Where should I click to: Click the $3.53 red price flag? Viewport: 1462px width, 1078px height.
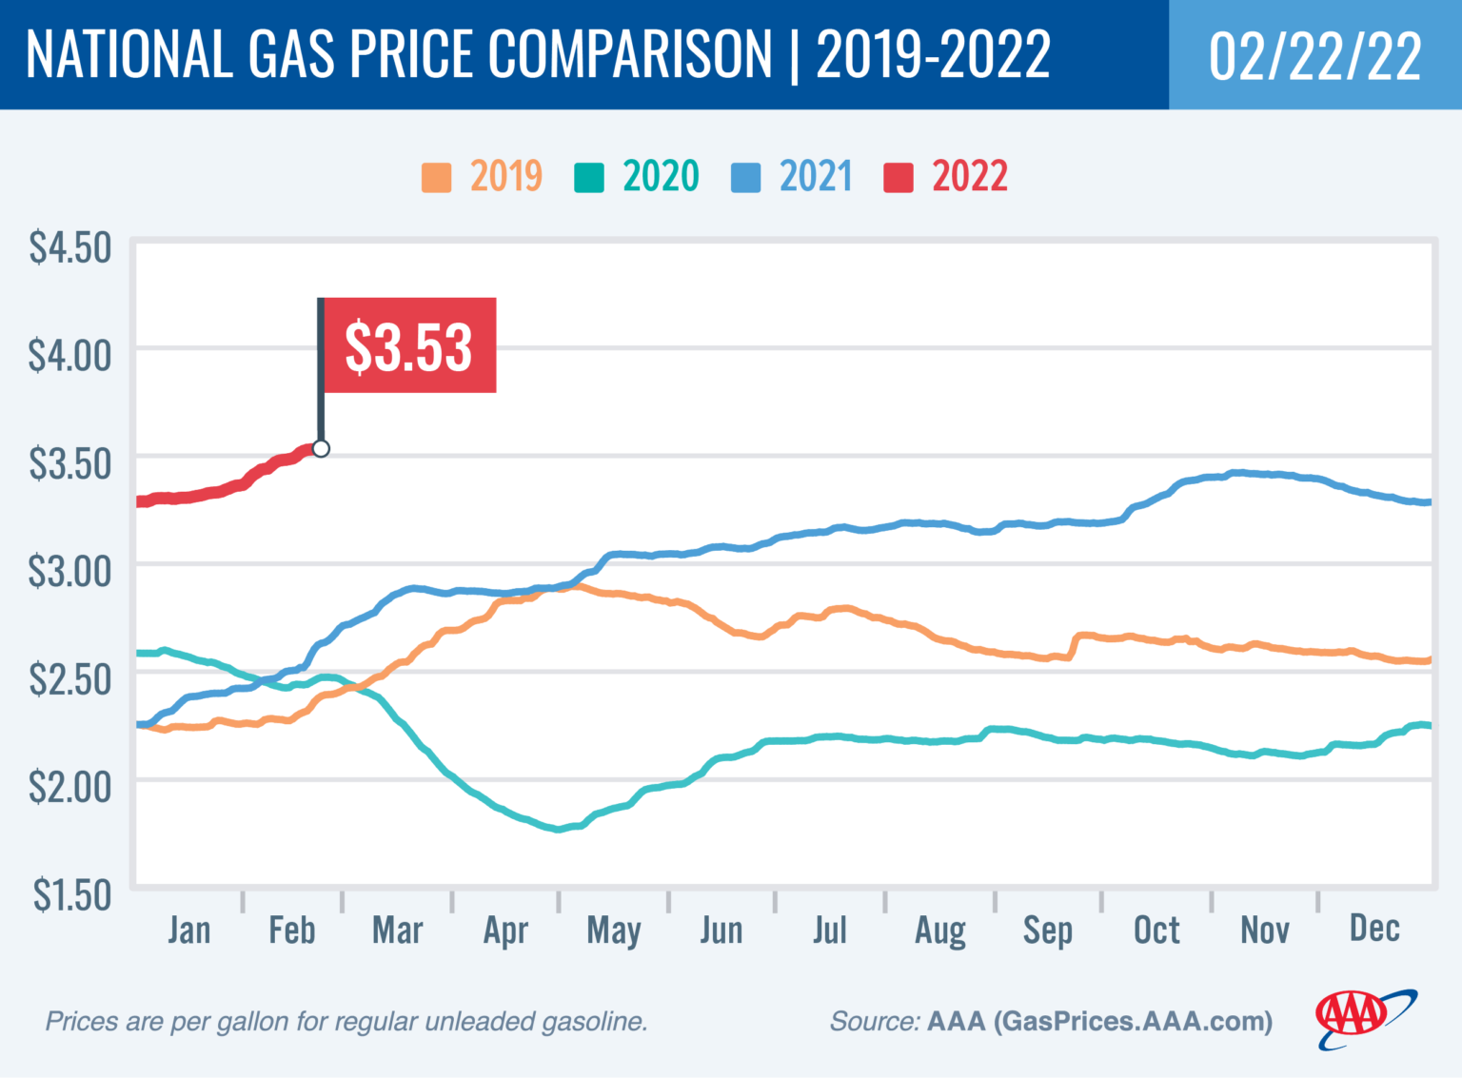408,345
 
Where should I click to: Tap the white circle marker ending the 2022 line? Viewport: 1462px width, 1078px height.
321,448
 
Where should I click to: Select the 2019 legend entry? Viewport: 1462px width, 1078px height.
483,177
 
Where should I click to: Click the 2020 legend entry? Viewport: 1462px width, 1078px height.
637,177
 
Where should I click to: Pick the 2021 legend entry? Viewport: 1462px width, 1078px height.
792,177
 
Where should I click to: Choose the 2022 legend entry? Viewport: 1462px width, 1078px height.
946,177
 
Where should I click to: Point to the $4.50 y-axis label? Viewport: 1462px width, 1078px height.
69,247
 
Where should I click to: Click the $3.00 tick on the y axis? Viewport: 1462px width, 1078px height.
69,572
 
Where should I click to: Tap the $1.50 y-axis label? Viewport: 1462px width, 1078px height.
71,895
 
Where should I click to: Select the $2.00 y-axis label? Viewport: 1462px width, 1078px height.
69,787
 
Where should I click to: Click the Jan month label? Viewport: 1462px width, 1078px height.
188,930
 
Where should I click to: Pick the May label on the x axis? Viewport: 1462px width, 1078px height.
613,931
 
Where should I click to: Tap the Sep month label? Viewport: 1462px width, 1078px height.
1047,931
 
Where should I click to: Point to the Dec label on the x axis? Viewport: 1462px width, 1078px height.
1373,928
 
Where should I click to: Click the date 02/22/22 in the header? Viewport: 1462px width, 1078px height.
1314,55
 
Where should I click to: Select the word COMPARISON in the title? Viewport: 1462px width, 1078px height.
629,54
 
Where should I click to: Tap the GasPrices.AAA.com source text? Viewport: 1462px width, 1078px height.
1133,1021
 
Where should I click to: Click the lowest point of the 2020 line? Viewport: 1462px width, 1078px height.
559,829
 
